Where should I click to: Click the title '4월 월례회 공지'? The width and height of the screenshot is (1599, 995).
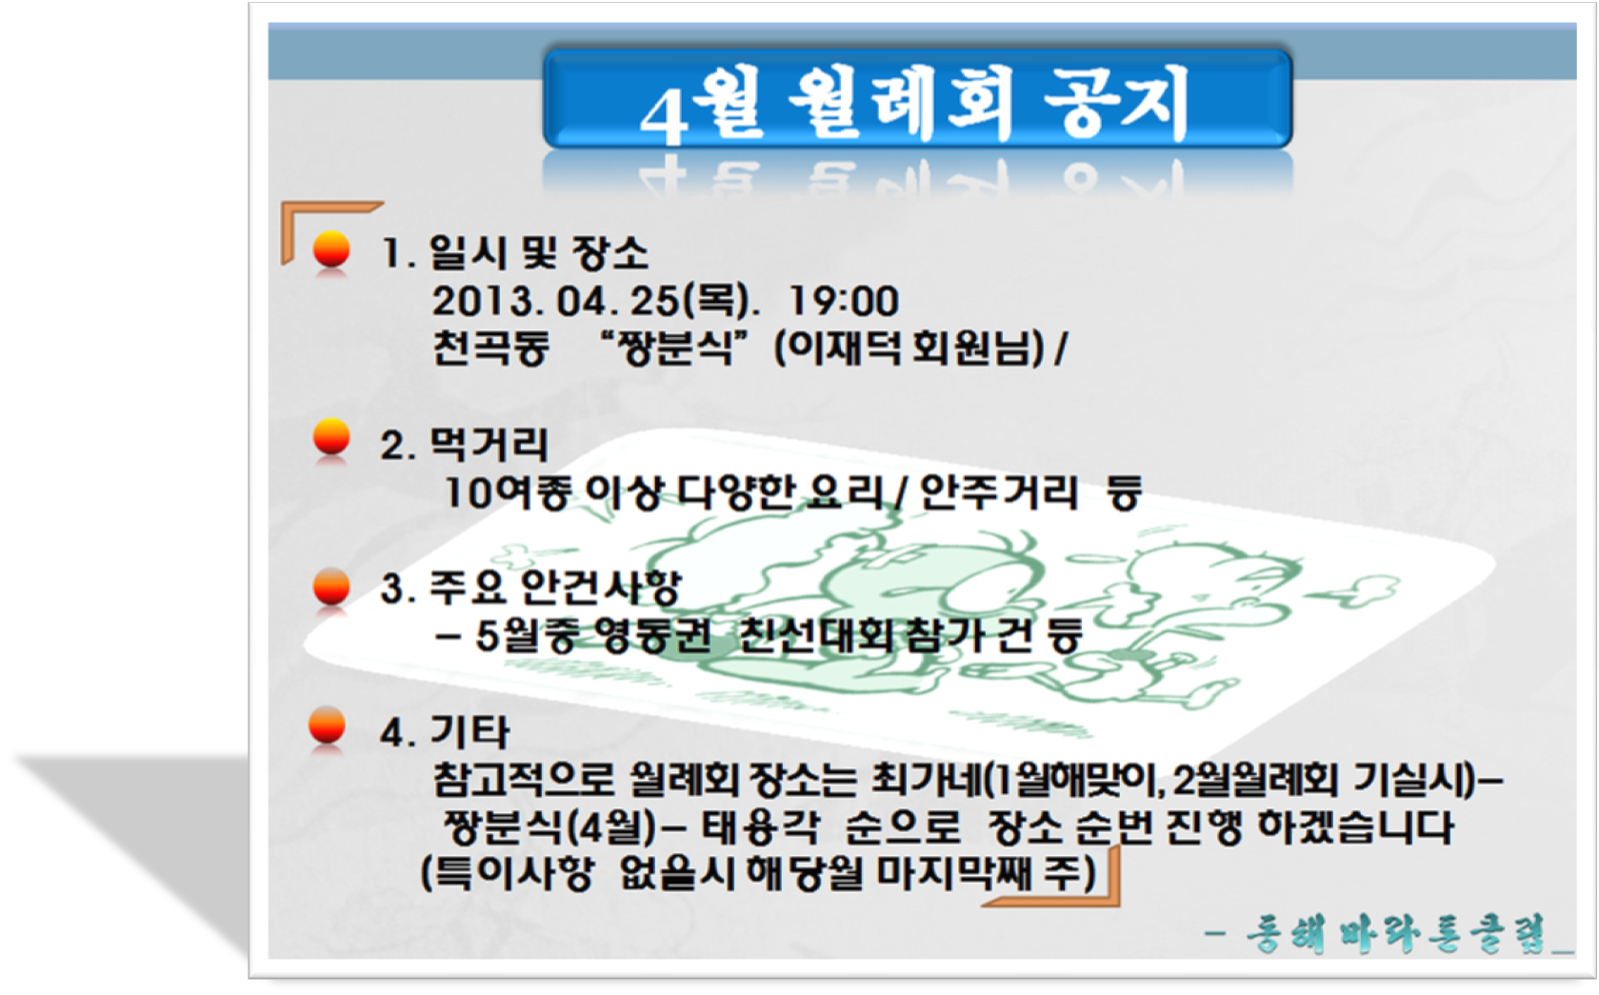(x=915, y=104)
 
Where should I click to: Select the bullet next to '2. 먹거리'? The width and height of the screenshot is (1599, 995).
(x=331, y=437)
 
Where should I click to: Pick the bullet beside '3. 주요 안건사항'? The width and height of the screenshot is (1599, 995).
(x=331, y=587)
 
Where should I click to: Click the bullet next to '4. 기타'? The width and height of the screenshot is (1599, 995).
(x=327, y=726)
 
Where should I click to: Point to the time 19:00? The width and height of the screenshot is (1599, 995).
(x=843, y=301)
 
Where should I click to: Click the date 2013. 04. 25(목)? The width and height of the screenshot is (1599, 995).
(x=594, y=301)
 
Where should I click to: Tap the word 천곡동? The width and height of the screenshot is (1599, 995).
(x=491, y=348)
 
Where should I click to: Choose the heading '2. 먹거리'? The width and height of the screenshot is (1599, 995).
(x=464, y=445)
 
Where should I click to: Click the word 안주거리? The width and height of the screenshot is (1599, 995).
(x=998, y=492)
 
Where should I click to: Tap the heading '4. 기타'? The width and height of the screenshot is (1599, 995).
(x=445, y=732)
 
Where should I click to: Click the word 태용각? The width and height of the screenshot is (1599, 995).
(x=760, y=827)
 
